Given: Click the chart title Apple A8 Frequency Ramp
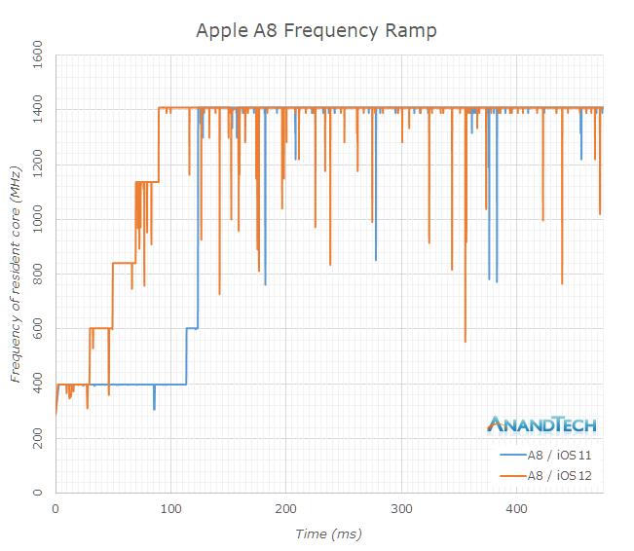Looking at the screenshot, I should (x=317, y=30).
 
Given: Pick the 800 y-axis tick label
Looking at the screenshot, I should (x=38, y=275).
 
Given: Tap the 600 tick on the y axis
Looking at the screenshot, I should (x=38, y=329).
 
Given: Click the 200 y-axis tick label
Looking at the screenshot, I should (x=38, y=439).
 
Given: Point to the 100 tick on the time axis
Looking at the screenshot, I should (x=170, y=508).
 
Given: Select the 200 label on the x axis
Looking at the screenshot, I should (x=286, y=508).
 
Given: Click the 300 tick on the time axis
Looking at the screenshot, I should (x=401, y=508).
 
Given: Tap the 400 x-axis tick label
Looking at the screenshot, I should (x=516, y=508).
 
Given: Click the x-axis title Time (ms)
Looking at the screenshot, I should (x=329, y=534).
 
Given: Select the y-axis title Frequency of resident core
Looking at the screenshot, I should (x=16, y=275).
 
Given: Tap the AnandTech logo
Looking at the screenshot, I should (x=541, y=424).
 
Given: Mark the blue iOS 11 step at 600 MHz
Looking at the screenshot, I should (x=192, y=328).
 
